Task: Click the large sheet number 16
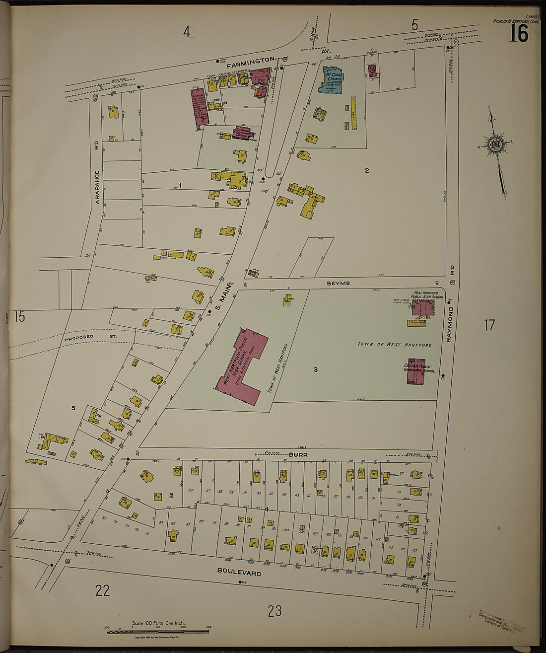518,34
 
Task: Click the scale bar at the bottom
158,632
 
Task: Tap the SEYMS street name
338,283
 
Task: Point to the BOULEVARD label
239,572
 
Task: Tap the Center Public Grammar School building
416,371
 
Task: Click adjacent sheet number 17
489,325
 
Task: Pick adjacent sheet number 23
274,611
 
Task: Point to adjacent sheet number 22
102,590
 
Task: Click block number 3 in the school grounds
315,369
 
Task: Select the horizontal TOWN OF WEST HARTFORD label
395,344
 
